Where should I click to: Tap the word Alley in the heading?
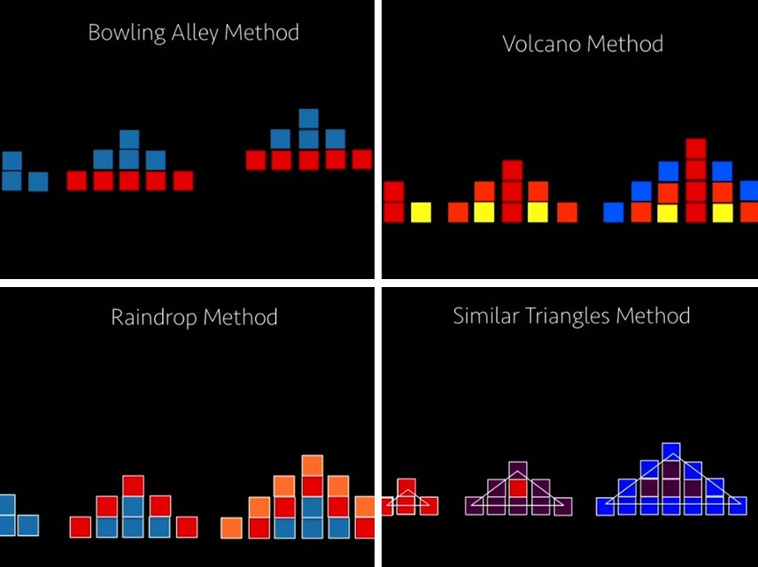(192, 34)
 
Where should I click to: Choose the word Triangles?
(567, 315)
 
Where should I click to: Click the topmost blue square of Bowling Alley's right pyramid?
(308, 118)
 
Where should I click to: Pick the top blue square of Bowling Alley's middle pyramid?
(129, 139)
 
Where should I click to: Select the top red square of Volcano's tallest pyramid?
(695, 148)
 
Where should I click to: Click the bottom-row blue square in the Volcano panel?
(614, 212)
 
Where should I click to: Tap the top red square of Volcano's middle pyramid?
(512, 170)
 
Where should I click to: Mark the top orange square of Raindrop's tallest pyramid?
(312, 465)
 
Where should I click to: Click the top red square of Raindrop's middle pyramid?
(133, 485)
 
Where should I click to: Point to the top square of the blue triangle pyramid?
(670, 452)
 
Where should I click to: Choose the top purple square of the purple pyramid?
(519, 470)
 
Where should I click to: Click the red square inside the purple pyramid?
(519, 487)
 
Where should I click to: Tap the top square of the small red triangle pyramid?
(406, 488)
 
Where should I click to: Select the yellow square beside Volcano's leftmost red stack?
(421, 212)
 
